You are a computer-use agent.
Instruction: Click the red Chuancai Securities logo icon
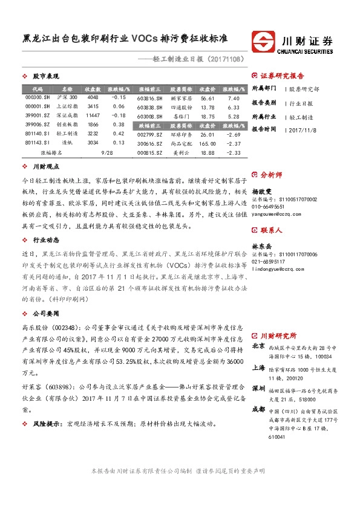click(x=264, y=43)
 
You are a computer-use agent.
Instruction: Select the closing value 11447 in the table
click(x=93, y=115)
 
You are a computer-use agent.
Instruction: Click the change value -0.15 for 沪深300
click(x=119, y=97)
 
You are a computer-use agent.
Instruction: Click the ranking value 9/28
click(x=106, y=154)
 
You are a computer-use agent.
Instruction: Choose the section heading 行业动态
click(x=45, y=239)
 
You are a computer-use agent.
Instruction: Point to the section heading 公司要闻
click(x=45, y=314)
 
